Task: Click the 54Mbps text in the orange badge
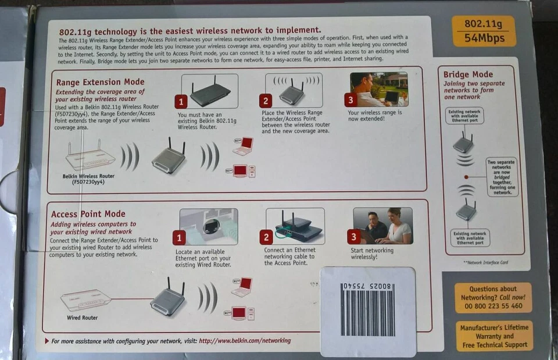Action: (484, 39)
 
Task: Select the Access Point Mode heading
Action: (88, 214)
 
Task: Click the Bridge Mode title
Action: (468, 74)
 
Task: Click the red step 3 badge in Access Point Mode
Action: (354, 237)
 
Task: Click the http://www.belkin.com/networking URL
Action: (245, 341)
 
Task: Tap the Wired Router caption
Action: (82, 318)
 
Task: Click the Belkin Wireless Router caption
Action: (88, 178)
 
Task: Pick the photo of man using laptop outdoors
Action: (378, 90)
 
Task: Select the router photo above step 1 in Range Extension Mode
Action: (209, 90)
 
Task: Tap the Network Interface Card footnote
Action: (485, 262)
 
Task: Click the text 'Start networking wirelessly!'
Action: (371, 254)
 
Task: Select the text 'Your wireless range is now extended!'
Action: (374, 116)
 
